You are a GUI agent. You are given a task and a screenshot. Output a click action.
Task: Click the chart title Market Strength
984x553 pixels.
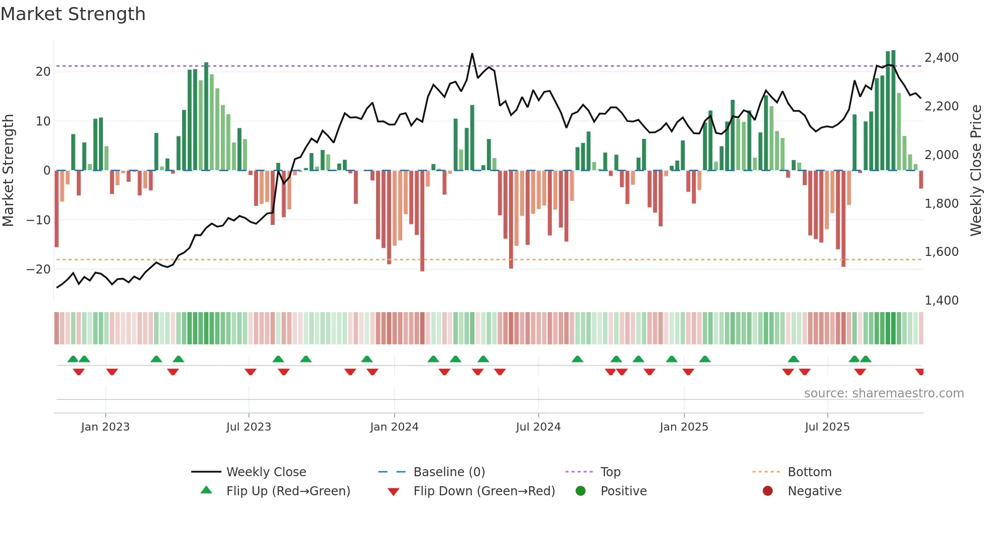tap(73, 14)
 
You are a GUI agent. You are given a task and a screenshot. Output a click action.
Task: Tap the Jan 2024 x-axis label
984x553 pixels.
tap(394, 427)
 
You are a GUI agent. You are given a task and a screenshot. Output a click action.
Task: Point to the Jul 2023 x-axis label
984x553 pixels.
tap(249, 427)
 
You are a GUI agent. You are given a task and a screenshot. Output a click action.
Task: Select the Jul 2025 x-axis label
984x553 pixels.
tap(827, 427)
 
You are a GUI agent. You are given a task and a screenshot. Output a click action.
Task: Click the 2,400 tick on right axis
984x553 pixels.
tap(941, 58)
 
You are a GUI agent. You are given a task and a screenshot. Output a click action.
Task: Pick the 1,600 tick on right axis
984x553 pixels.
tap(941, 252)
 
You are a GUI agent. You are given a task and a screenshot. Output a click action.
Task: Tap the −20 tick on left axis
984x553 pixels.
tap(39, 269)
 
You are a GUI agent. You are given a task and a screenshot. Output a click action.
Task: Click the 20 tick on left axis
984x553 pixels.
tap(43, 72)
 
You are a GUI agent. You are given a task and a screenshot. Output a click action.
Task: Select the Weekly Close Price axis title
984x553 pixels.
tap(975, 171)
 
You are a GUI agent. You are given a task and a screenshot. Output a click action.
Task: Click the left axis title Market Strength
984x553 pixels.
tap(9, 171)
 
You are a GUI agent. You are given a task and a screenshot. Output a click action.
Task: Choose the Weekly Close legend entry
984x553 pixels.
tap(266, 472)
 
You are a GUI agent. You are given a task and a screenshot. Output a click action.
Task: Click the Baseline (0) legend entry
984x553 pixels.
tap(449, 472)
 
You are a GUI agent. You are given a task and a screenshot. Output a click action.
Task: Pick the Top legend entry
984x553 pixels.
tap(610, 472)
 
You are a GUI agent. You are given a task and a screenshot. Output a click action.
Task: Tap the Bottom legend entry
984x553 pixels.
tap(809, 472)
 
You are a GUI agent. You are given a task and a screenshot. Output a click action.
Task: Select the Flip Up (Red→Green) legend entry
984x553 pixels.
tap(288, 491)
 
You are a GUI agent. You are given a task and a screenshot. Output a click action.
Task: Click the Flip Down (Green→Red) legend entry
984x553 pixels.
tap(484, 491)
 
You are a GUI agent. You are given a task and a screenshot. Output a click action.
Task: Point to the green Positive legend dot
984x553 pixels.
tap(581, 491)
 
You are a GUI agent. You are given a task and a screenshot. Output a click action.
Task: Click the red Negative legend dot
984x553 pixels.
tap(768, 491)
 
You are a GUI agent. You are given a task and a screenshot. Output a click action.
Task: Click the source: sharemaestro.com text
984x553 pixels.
tap(884, 393)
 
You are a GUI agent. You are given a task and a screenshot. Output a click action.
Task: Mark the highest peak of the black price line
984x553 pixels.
tap(472, 54)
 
